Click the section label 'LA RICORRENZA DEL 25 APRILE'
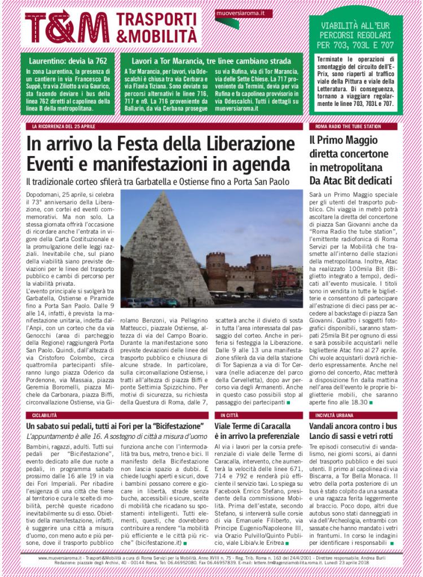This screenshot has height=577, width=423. click(x=60, y=127)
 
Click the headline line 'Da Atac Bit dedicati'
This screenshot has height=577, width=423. click(x=350, y=181)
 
